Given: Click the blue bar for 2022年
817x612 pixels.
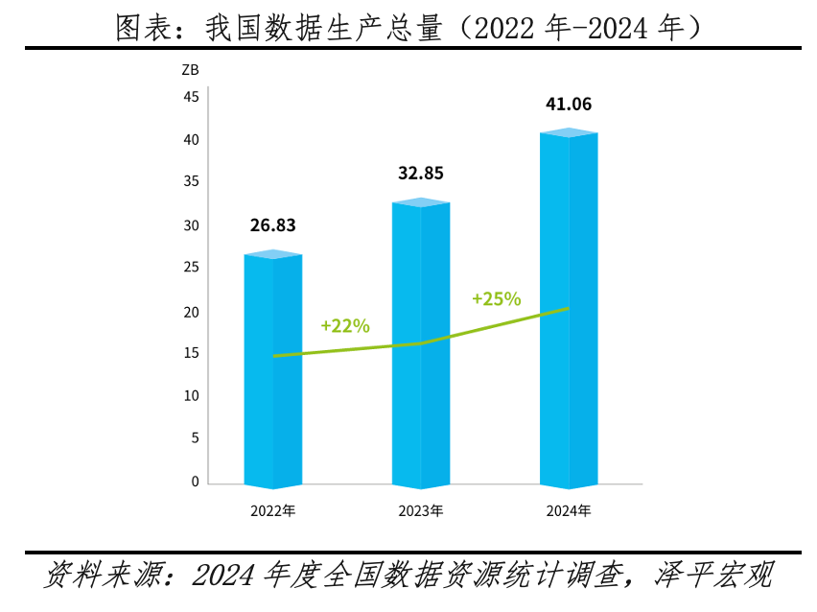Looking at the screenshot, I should (273, 403).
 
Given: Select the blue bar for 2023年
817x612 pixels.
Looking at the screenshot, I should (421, 403).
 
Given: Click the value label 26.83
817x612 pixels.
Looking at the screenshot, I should (273, 226).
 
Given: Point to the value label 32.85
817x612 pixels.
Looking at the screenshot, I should (421, 174).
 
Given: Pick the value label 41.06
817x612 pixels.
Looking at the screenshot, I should (569, 105).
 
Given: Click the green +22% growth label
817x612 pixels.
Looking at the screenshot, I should (345, 325).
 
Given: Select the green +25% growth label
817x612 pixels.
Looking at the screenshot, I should (497, 298).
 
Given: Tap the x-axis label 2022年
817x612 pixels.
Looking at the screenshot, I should (273, 511).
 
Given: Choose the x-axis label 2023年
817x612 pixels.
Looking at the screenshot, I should (421, 511).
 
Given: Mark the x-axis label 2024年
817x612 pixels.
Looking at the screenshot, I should (569, 511).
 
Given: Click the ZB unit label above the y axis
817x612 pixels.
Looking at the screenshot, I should (189, 70).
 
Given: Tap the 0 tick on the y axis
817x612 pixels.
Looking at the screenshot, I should (195, 482).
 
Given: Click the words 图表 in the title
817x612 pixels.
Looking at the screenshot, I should (144, 28).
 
